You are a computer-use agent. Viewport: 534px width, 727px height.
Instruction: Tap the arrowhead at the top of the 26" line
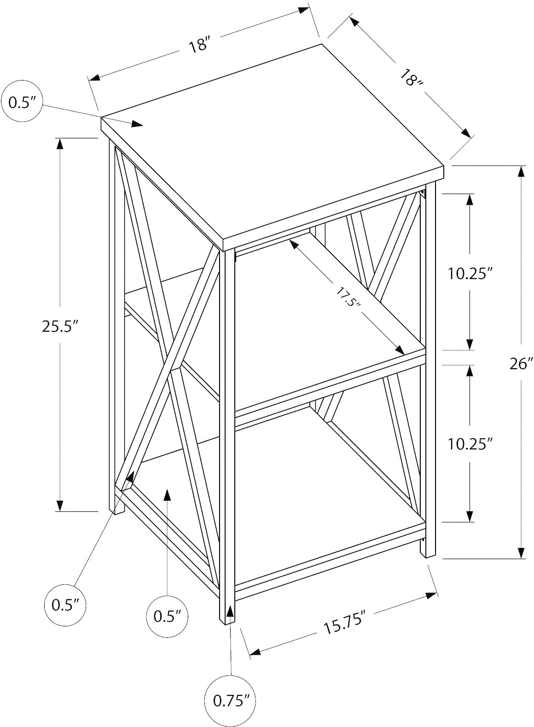pyautogui.click(x=521, y=172)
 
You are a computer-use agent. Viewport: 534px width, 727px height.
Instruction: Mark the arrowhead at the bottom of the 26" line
pyautogui.click(x=521, y=553)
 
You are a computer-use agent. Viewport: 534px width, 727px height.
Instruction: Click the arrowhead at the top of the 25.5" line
pyautogui.click(x=59, y=144)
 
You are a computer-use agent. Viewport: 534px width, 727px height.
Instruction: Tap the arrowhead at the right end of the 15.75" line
pyautogui.click(x=431, y=595)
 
